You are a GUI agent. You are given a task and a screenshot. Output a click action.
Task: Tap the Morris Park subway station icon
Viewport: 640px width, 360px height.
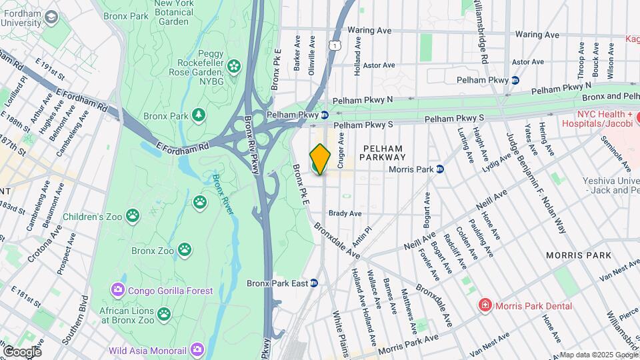[x=440, y=169]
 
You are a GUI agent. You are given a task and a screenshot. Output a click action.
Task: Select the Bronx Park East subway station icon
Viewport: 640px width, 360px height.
[x=314, y=283]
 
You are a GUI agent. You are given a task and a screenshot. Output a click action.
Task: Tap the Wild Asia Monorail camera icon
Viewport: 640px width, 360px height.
[x=197, y=349]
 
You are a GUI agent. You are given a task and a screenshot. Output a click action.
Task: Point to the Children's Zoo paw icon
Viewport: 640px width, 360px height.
[x=133, y=216]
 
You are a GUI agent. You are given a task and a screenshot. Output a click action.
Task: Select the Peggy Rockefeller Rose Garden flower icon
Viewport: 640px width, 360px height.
[x=233, y=65]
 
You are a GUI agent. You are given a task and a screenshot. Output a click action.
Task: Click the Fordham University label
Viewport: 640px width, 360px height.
[x=20, y=18]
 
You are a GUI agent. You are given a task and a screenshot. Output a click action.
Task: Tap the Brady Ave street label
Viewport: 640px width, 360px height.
[x=345, y=214]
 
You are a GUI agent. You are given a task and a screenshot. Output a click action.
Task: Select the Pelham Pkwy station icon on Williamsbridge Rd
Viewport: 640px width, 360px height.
[x=515, y=80]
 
